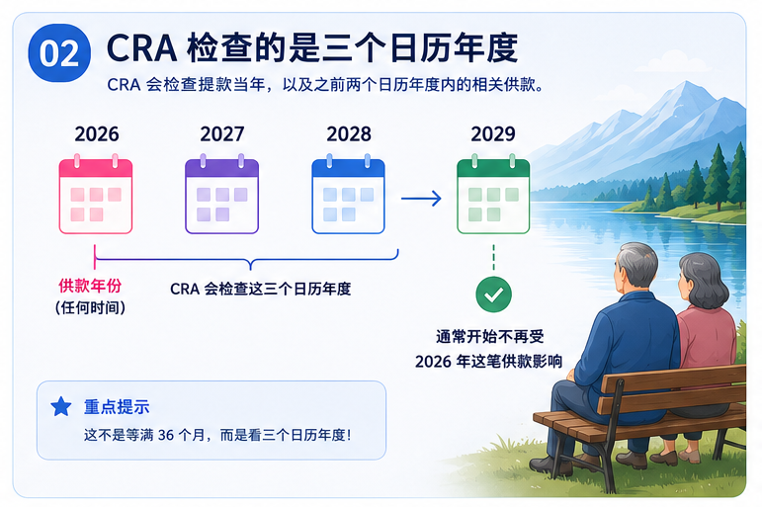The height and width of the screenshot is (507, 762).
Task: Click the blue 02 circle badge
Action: (59, 53)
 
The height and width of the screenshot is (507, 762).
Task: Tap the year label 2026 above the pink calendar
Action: (97, 134)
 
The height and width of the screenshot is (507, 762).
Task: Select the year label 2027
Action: (222, 134)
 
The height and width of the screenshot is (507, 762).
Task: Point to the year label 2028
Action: (349, 134)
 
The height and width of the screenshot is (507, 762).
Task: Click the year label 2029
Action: (493, 134)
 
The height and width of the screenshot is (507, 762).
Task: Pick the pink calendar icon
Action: (96, 194)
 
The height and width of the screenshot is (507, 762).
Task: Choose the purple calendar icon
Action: (222, 194)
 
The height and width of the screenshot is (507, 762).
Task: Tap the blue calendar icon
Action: (349, 194)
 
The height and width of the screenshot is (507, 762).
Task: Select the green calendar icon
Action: (493, 194)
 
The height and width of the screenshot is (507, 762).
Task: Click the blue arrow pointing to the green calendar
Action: (421, 199)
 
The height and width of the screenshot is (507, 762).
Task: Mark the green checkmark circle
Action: (493, 295)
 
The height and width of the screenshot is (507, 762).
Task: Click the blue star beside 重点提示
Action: (61, 406)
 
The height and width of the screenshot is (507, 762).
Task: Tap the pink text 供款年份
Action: (90, 286)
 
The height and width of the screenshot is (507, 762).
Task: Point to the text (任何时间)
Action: (90, 307)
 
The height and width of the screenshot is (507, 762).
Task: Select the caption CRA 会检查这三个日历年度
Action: (261, 290)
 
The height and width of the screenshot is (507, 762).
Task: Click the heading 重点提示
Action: (117, 407)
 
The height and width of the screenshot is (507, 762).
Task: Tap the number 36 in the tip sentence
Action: (166, 435)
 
